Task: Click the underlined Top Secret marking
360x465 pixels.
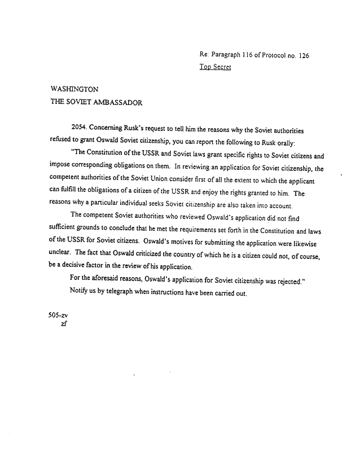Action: click(216, 67)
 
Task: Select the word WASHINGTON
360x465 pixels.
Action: click(74, 90)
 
